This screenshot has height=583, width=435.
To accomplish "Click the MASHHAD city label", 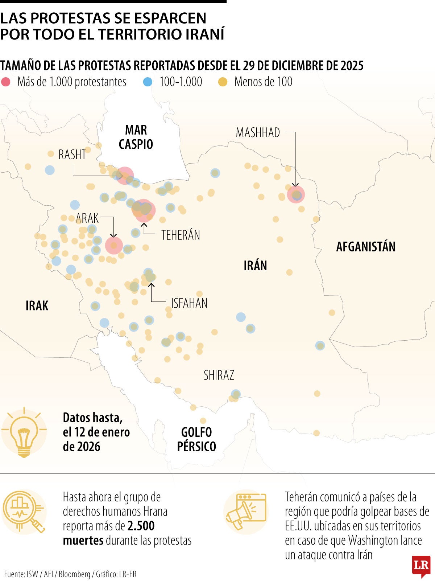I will click(258, 133).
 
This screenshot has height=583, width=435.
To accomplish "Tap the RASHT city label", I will click(72, 155).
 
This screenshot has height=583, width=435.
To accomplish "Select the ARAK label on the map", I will click(87, 218).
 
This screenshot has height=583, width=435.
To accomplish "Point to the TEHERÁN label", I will click(181, 235).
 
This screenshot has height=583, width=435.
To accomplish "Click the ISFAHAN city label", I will click(189, 303).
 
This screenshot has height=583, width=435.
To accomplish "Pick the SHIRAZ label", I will click(219, 375).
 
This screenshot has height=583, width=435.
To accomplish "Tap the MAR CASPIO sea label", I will click(136, 137).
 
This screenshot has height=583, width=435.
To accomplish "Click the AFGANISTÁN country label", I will click(365, 247).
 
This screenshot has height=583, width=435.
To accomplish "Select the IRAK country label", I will click(37, 306).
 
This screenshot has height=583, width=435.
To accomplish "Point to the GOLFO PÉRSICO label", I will click(196, 439).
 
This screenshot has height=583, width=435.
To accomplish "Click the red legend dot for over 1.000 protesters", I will click(6, 82).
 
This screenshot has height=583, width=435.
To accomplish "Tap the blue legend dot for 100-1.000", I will click(148, 82).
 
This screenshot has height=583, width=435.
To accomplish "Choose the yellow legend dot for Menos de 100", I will click(223, 82).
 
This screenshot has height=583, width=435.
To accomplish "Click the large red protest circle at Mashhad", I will click(296, 194).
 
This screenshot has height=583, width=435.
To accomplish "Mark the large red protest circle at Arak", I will click(114, 245).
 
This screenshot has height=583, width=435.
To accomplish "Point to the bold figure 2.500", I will click(141, 526).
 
